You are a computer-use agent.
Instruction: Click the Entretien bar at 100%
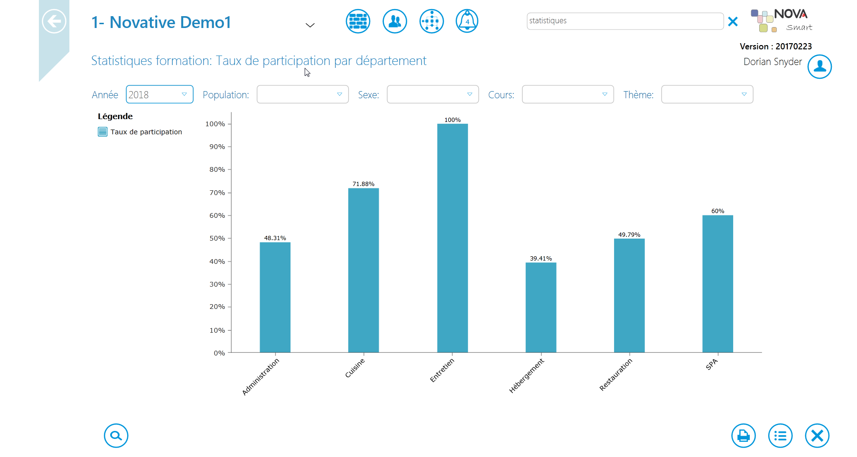click(x=452, y=238)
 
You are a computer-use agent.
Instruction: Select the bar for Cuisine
click(x=363, y=270)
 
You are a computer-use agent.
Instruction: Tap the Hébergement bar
click(x=541, y=308)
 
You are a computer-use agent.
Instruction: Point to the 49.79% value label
click(x=629, y=235)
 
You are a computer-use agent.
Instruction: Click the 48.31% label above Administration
click(x=275, y=238)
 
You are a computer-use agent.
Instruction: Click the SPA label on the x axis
click(x=712, y=364)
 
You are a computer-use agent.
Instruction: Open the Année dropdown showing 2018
click(x=159, y=94)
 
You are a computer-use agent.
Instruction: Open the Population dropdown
click(x=303, y=94)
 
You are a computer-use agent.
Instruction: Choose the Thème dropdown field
click(x=707, y=94)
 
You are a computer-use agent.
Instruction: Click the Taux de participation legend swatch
click(x=102, y=132)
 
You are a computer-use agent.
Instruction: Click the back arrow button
click(x=54, y=21)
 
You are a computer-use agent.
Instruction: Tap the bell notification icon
click(x=467, y=21)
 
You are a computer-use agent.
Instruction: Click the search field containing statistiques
click(x=625, y=21)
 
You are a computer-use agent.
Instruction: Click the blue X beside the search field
click(x=733, y=21)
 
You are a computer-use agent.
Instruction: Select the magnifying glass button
click(x=116, y=436)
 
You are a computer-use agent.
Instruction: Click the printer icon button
click(x=744, y=436)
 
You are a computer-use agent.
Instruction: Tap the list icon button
click(x=781, y=436)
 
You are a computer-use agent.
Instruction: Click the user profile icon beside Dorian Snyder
click(x=820, y=66)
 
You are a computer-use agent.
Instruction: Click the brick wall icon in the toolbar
click(x=358, y=21)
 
